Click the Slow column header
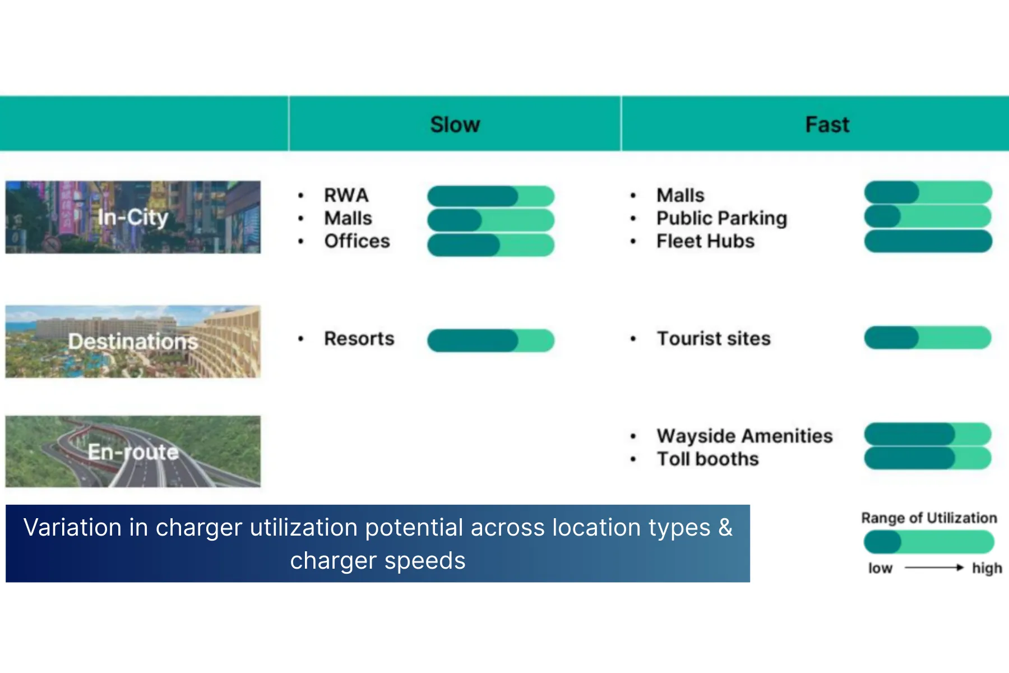[x=455, y=125]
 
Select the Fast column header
[x=827, y=125]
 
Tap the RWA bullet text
[x=346, y=195]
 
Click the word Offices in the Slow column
[x=357, y=241]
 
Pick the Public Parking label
[x=721, y=218]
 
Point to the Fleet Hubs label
[x=705, y=241]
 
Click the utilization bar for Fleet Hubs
[x=928, y=241]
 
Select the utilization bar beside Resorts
[x=490, y=340]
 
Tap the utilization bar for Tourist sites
[x=928, y=338]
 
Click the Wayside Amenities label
[x=744, y=436]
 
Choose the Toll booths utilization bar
[x=928, y=458]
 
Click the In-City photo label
[x=133, y=217]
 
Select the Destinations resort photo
[x=133, y=342]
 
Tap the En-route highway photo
[x=133, y=451]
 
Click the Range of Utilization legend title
[x=929, y=518]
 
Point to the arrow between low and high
[x=933, y=568]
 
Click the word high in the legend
[x=987, y=568]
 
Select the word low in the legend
[x=880, y=568]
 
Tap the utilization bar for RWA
[x=490, y=196]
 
